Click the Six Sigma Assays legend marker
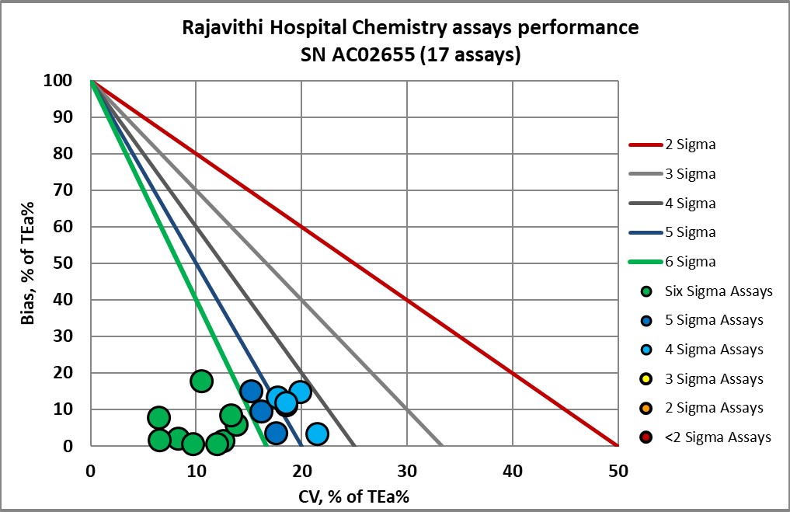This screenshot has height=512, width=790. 646,291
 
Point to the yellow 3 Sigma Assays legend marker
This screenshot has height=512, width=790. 646,379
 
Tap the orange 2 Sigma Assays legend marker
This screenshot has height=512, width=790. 646,408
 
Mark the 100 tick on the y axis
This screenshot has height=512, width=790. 64,81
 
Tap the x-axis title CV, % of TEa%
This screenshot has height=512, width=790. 354,495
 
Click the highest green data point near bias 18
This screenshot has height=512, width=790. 201,381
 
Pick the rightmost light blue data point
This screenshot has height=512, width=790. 317,434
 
